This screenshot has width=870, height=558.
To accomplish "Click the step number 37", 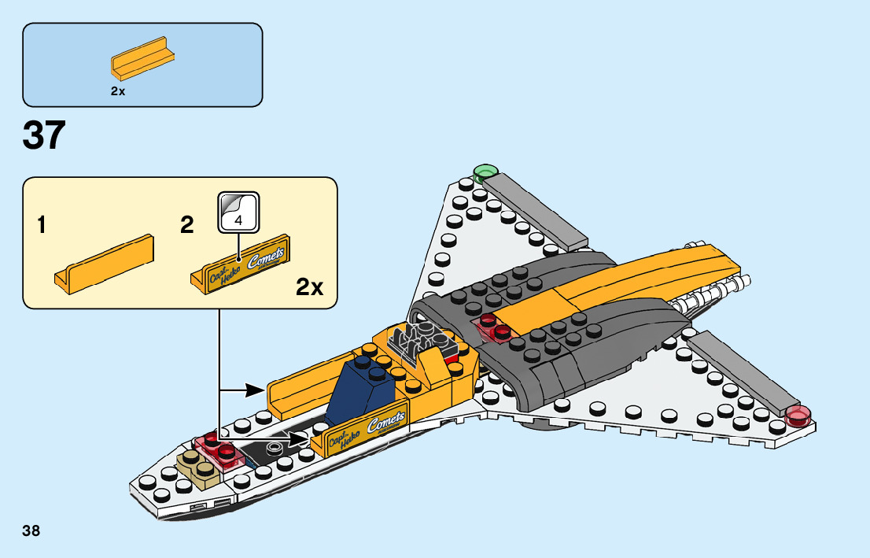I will [44, 135].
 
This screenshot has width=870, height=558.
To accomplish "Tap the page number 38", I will [31, 530].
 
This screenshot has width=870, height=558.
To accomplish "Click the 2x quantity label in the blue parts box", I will [118, 91].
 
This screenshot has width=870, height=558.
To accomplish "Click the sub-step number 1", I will [42, 227].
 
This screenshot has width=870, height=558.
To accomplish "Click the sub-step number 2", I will [186, 227].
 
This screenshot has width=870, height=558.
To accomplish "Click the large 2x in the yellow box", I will [310, 287].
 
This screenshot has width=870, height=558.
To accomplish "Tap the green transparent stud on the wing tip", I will [486, 172].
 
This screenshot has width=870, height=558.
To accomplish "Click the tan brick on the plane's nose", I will [197, 470].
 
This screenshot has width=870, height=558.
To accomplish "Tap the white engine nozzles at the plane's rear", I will [712, 299].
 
